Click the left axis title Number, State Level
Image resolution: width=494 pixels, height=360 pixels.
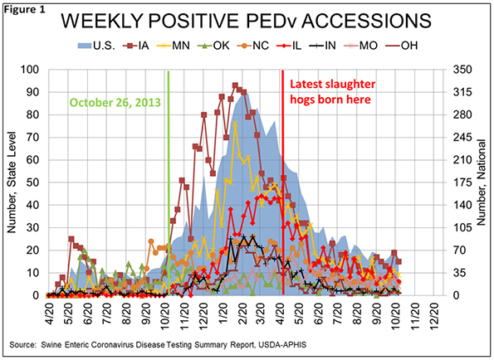coord(12,182)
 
